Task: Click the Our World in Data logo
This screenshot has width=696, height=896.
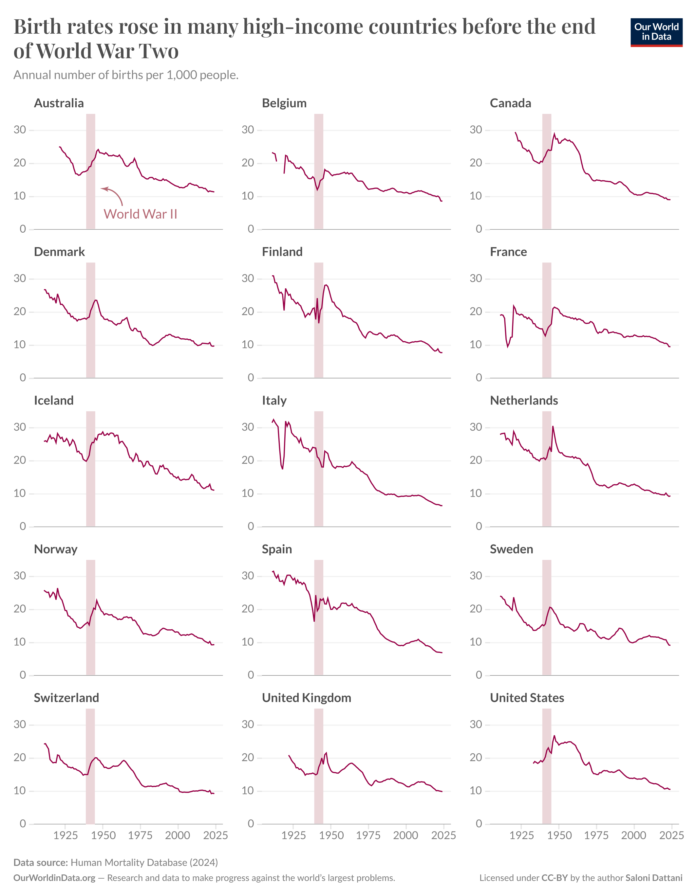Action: point(656,32)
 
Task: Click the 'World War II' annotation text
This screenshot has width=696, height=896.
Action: point(140,214)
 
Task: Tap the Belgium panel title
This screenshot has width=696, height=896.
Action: point(284,103)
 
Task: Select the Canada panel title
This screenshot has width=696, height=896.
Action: point(510,103)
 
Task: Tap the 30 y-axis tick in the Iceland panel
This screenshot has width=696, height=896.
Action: point(20,427)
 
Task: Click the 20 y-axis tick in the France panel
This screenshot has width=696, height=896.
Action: point(476,312)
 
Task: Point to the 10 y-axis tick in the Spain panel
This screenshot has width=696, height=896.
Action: point(248,642)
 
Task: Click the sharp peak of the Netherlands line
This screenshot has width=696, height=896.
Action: point(553,427)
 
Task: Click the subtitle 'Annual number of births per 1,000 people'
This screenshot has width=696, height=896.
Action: point(126,75)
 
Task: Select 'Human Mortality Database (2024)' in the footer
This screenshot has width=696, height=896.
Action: point(144,862)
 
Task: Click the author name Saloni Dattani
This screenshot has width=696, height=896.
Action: point(654,878)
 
